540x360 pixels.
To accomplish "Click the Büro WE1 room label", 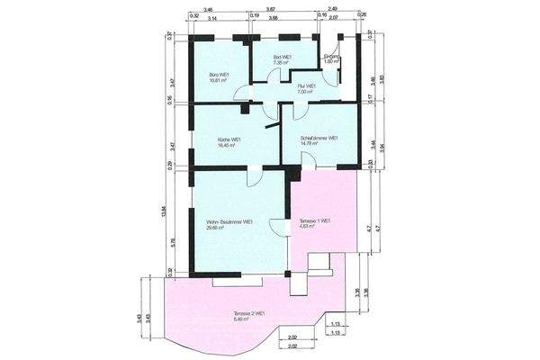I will (x=216, y=74).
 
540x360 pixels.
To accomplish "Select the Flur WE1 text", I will (x=308, y=85).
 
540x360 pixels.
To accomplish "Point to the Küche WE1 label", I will (x=229, y=139).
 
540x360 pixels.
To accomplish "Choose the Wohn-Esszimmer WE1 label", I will (x=229, y=220).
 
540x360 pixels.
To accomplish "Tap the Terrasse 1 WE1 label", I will (x=315, y=220).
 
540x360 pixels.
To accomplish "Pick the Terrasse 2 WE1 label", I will (x=250, y=313).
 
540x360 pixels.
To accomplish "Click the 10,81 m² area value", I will (x=216, y=80).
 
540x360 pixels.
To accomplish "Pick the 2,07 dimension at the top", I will (x=334, y=17).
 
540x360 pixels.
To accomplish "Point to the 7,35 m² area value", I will (x=281, y=64).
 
